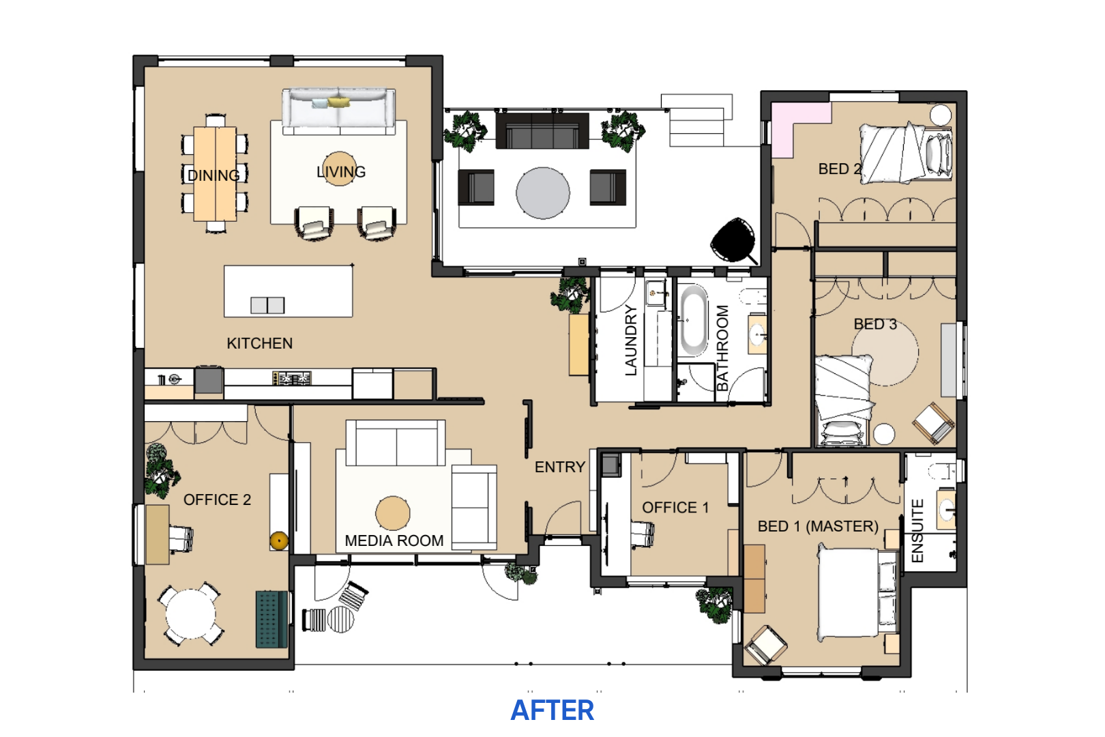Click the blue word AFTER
coord(552,710)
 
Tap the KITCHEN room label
coord(259,343)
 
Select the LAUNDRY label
coord(631,340)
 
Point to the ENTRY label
coord(560,467)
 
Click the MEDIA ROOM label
coord(394,540)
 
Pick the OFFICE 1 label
coord(675,507)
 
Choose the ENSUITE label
coord(917,531)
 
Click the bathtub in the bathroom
coord(694,320)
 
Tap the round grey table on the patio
coord(543,193)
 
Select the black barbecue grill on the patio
coord(733,240)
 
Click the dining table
coord(215,174)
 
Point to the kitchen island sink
coord(267,305)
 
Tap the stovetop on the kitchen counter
coord(291,379)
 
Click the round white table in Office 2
coord(190,615)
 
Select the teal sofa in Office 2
coord(271,619)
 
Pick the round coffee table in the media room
coord(393,513)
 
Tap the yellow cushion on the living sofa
coord(339,102)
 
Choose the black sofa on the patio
coord(542,130)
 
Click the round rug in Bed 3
coord(885,352)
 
